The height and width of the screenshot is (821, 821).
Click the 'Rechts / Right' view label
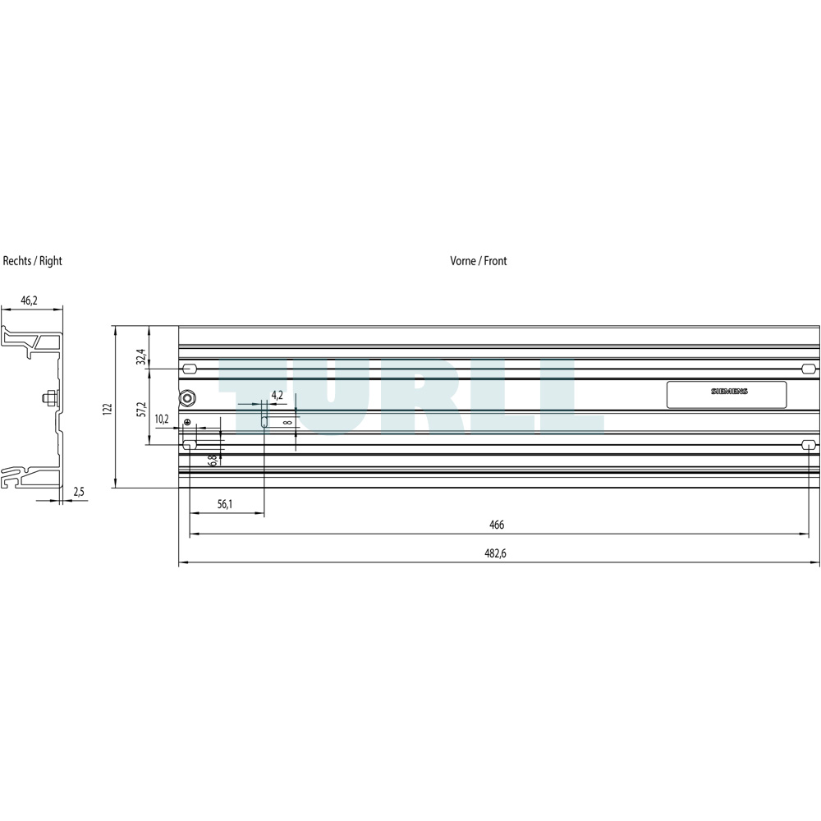pos(33,261)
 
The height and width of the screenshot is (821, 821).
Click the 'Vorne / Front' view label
pos(479,261)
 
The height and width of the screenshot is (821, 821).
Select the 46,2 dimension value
pos(30,300)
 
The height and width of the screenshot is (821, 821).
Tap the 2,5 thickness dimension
pos(79,492)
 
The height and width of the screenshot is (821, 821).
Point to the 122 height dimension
pos(108,408)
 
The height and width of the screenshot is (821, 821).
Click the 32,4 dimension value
pos(141,356)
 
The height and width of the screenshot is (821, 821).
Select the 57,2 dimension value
pos(141,410)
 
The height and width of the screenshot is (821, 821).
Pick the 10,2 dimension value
pos(162,419)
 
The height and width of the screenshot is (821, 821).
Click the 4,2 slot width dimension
pos(277,396)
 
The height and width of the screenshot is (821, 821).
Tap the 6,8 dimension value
pos(212,461)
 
